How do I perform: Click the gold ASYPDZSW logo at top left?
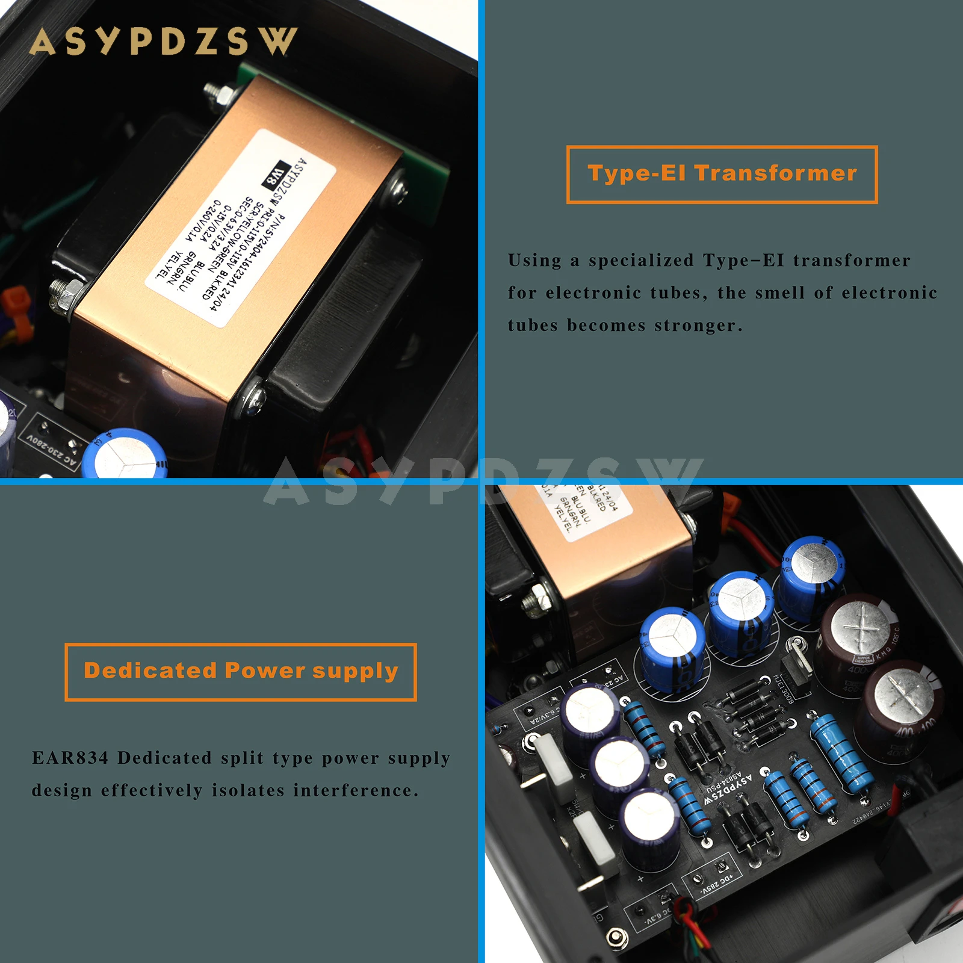(x=163, y=41)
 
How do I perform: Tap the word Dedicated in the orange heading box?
(x=150, y=670)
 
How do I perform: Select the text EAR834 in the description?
(x=70, y=758)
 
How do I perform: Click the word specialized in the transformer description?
(x=641, y=261)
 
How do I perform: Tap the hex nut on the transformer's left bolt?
(x=62, y=294)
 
